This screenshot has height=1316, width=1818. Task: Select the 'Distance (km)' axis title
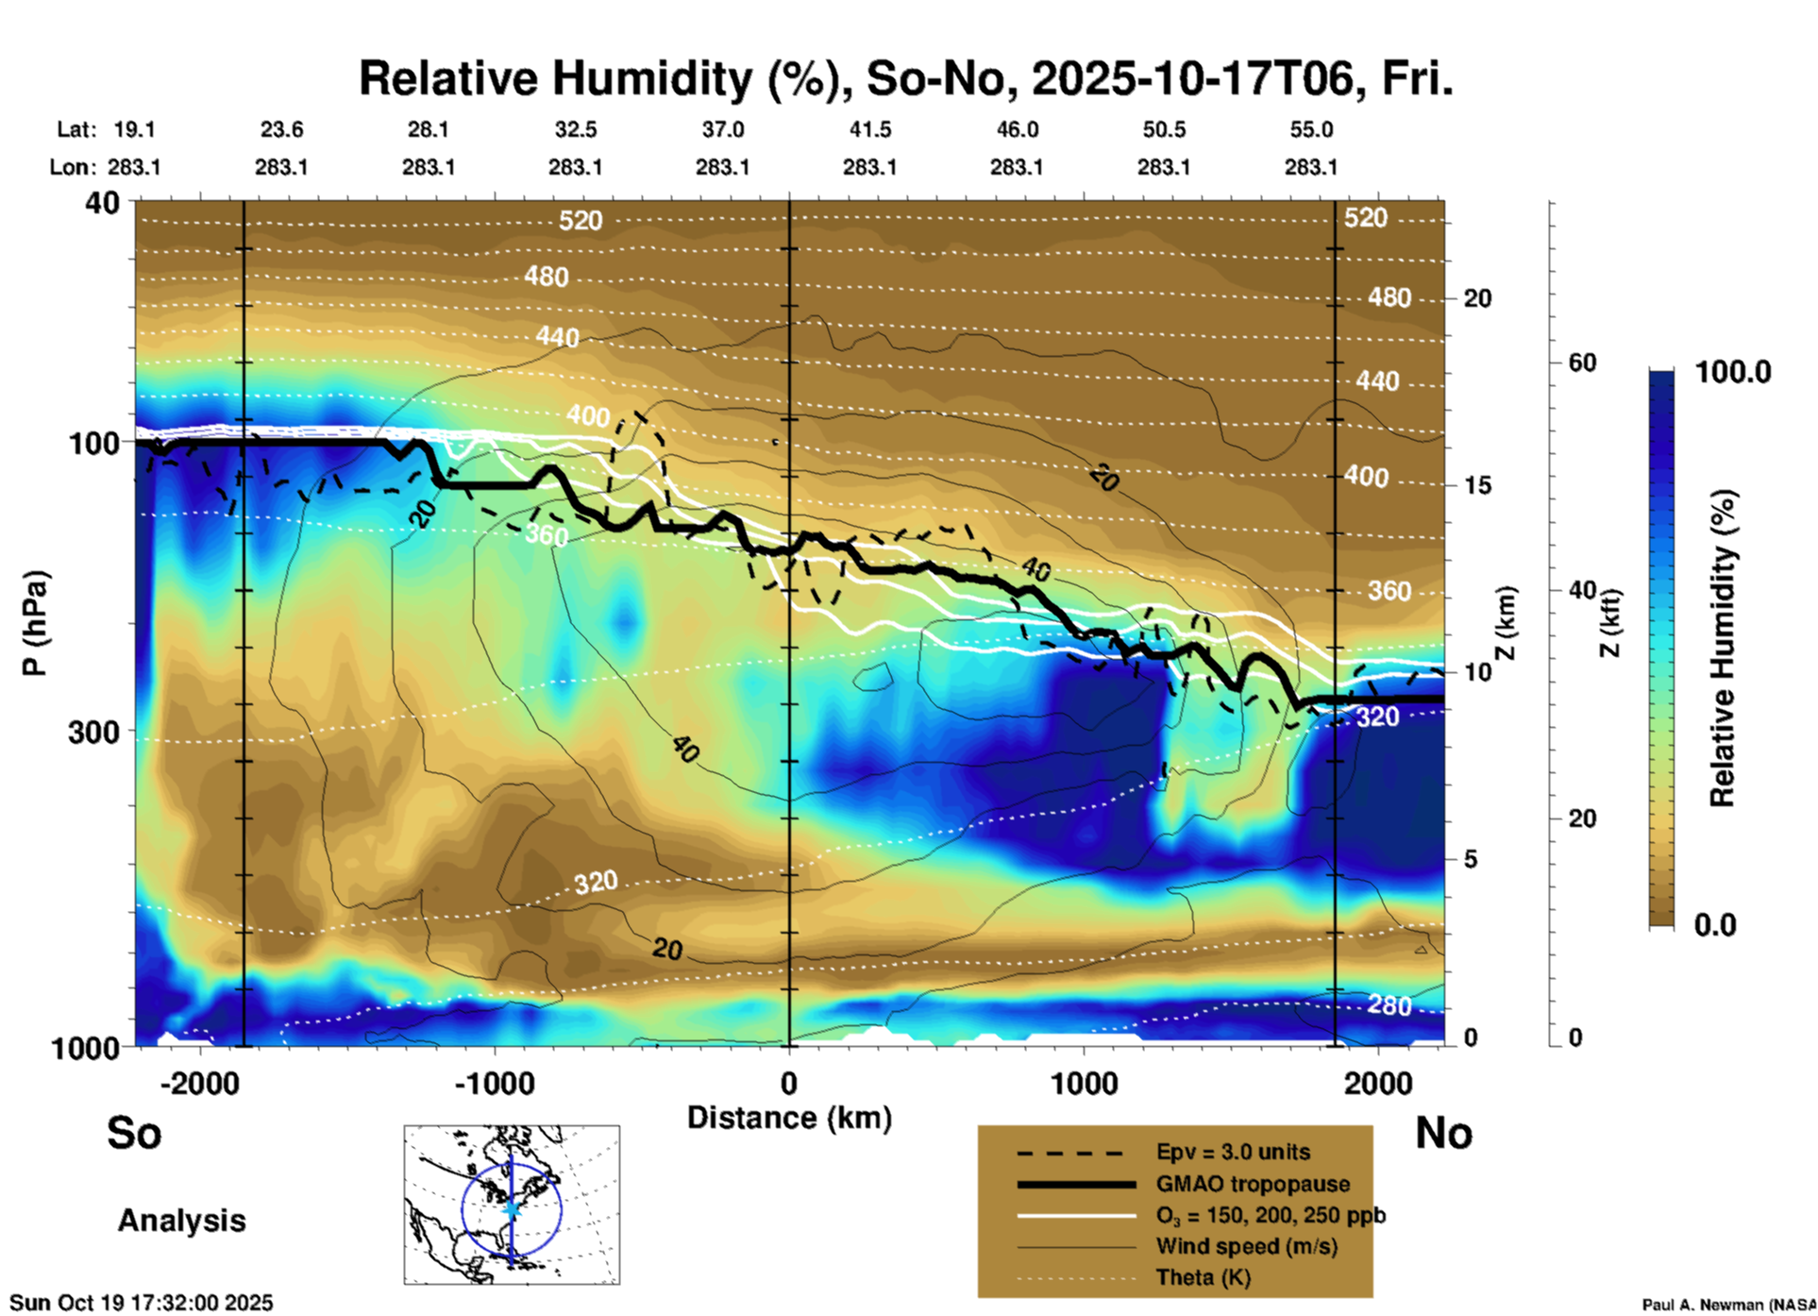pyautogui.click(x=789, y=1118)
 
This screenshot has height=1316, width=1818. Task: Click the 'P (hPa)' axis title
pyautogui.click(x=34, y=623)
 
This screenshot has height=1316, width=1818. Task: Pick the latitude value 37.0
pyautogui.click(x=722, y=129)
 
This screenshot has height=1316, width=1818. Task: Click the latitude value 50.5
pyautogui.click(x=1163, y=129)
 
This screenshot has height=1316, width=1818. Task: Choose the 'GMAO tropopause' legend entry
pyautogui.click(x=1253, y=1184)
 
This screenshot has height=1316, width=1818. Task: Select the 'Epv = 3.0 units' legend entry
pyautogui.click(x=1233, y=1152)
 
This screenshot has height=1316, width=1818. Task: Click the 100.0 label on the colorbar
pyautogui.click(x=1733, y=372)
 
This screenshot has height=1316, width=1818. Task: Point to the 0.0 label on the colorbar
pyautogui.click(x=1715, y=925)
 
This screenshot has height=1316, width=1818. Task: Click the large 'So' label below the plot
pyautogui.click(x=134, y=1133)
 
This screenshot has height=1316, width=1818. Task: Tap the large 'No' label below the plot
pyautogui.click(x=1443, y=1133)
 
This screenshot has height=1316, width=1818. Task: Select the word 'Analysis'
pyautogui.click(x=181, y=1221)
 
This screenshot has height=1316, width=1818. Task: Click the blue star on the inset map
pyautogui.click(x=512, y=1208)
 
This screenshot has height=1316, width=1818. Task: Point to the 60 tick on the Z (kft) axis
pyautogui.click(x=1582, y=363)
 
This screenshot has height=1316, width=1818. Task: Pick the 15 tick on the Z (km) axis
pyautogui.click(x=1476, y=485)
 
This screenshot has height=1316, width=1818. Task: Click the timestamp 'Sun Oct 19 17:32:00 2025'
pyautogui.click(x=142, y=1303)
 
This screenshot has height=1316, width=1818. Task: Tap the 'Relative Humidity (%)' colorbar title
pyautogui.click(x=1723, y=648)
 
